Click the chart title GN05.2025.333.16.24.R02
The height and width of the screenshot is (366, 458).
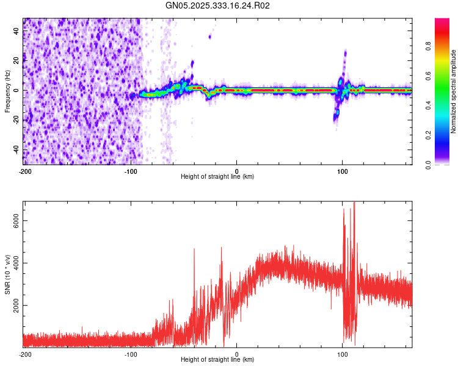pos(218,5)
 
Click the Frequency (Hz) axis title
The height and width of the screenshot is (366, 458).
pos(7,91)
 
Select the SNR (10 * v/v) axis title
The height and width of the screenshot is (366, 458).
pos(7,274)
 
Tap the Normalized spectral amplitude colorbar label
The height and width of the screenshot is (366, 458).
pos(454,91)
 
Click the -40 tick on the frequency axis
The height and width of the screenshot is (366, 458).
pos(16,150)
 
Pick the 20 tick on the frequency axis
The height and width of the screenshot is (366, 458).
pos(16,60)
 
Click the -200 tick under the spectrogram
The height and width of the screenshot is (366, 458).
pos(24,171)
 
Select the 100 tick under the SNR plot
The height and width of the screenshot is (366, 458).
pos(343,354)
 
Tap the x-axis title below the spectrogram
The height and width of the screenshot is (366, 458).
pos(217,177)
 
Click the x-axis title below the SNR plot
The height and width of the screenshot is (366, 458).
pos(217,360)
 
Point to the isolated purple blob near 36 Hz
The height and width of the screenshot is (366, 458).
pos(209,37)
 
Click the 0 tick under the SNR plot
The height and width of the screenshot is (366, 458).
pos(237,354)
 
